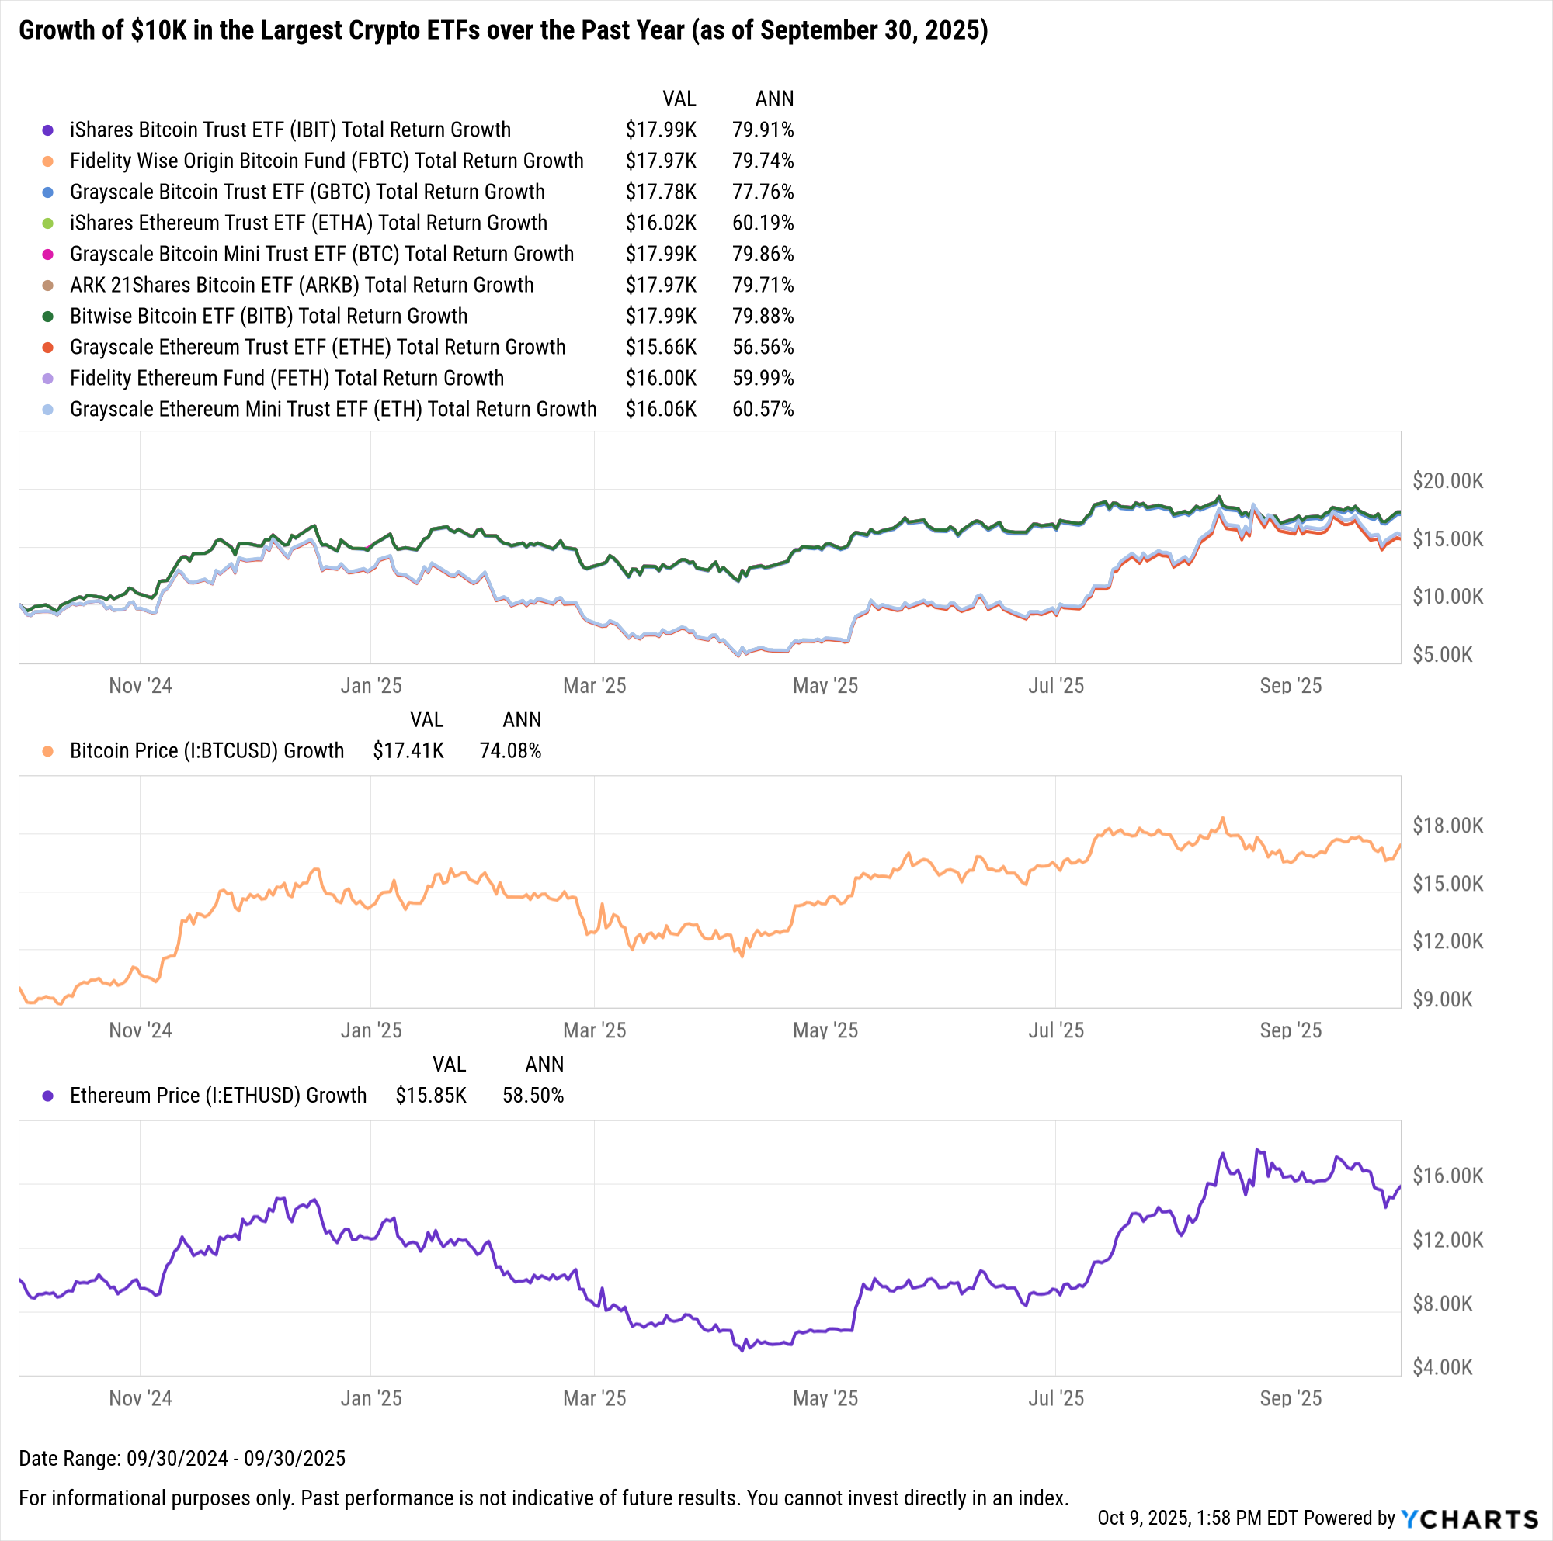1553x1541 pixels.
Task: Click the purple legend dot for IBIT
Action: pyautogui.click(x=48, y=130)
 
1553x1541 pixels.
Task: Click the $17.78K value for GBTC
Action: pyautogui.click(x=661, y=192)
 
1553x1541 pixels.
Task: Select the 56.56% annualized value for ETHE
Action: pyautogui.click(x=762, y=347)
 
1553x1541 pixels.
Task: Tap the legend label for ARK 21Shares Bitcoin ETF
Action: pyautogui.click(x=301, y=286)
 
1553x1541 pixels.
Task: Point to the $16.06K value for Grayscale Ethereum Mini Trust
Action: pyautogui.click(x=661, y=409)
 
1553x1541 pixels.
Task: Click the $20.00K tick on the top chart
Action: pyautogui.click(x=1447, y=481)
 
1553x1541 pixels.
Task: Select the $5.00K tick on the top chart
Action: pyautogui.click(x=1442, y=655)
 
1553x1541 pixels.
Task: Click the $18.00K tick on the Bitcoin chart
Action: pyautogui.click(x=1447, y=826)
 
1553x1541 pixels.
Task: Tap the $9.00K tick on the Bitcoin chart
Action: pyautogui.click(x=1442, y=999)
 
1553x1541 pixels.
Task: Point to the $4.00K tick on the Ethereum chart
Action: pyautogui.click(x=1442, y=1367)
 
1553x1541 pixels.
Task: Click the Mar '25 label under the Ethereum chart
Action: pyautogui.click(x=594, y=1398)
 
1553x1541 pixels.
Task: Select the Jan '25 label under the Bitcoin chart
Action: pyautogui.click(x=370, y=1030)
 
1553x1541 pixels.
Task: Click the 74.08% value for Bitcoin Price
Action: pyautogui.click(x=509, y=751)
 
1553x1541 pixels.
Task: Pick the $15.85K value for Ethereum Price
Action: pyautogui.click(x=430, y=1096)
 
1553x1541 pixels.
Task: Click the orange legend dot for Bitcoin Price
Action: pyautogui.click(x=48, y=751)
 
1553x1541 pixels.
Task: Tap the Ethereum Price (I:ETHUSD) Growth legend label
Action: pyautogui.click(x=218, y=1096)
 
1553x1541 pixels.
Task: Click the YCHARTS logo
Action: pyautogui.click(x=1468, y=1518)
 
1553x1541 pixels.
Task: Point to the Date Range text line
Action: pyautogui.click(x=182, y=1458)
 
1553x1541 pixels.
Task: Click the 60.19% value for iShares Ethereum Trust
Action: pyautogui.click(x=762, y=223)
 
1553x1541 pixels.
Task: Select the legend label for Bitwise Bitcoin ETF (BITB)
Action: pyautogui.click(x=269, y=317)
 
